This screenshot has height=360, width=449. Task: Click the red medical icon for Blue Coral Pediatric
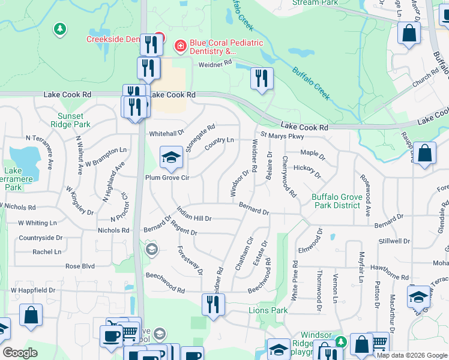179,46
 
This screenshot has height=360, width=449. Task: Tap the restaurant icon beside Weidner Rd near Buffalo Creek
261,78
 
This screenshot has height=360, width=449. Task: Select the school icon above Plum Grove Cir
171,158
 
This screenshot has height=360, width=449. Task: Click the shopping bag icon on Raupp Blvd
424,153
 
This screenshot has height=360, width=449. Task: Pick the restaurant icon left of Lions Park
212,305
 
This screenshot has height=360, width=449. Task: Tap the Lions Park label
268,310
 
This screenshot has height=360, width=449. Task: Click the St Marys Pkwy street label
283,136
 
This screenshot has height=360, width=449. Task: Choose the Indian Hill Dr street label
194,214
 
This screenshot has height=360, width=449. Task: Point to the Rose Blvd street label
80,266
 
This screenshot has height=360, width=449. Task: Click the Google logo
20,352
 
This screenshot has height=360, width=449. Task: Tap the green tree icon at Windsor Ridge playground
341,341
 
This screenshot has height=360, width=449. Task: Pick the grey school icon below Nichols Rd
151,248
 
